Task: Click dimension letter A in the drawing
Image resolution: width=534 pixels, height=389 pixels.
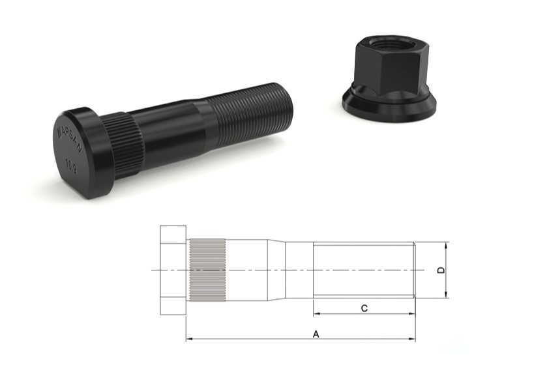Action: point(316,334)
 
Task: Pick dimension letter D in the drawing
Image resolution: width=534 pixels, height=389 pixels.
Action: point(441,270)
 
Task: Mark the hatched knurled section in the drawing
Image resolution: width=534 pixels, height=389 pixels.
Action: point(207,270)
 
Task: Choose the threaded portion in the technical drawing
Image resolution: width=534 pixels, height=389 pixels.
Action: point(363,270)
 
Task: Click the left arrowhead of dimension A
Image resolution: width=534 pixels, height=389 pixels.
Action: point(189,339)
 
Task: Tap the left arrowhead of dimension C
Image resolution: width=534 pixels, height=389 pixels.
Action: point(316,313)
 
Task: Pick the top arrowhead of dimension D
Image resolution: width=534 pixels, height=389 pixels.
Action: point(447,246)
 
